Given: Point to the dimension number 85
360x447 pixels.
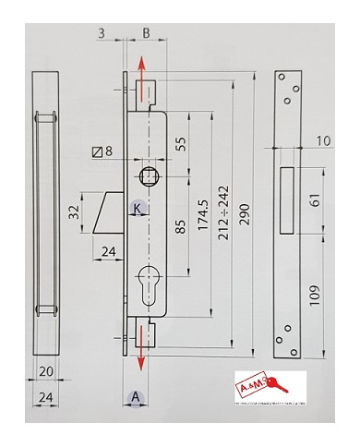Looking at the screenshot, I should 181,225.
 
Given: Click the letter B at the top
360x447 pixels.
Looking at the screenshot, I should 146,34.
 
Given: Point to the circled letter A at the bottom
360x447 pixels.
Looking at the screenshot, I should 136,398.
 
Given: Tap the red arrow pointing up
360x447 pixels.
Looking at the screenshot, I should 141,69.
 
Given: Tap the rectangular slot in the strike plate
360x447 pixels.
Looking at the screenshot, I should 287,199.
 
